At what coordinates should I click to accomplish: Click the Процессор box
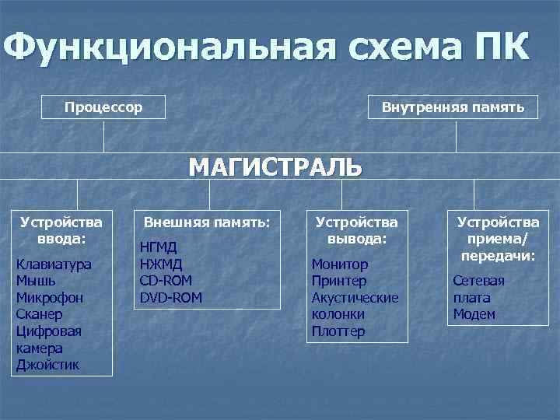tap(103, 107)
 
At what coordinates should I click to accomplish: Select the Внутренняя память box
tap(453, 107)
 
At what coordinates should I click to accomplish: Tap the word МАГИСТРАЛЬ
tap(275, 167)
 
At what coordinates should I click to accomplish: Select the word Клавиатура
tap(54, 264)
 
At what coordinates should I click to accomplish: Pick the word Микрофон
tap(50, 298)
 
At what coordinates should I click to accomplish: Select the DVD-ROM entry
tap(170, 297)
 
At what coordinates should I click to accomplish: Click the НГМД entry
tap(158, 247)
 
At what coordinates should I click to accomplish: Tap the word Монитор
tap(339, 264)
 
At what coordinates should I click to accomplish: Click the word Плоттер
tap(338, 331)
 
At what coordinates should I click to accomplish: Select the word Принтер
tap(339, 281)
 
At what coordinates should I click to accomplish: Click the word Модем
tap(474, 314)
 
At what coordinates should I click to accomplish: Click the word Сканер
tap(40, 314)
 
